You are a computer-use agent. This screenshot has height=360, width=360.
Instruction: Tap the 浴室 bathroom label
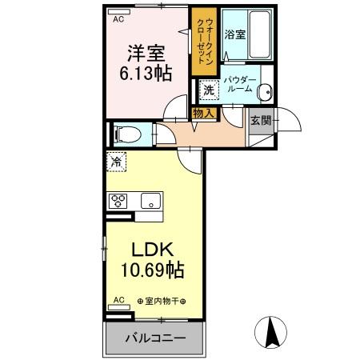(234, 35)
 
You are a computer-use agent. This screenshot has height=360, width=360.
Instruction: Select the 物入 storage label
(203, 114)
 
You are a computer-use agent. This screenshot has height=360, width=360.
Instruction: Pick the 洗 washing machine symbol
(209, 90)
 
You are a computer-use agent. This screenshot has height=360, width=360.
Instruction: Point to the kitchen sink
(150, 200)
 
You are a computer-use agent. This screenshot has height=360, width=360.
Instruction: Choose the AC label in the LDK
(118, 300)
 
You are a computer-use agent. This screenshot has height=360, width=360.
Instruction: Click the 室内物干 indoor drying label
(162, 301)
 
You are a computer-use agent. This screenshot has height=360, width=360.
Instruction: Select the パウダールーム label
(239, 84)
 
